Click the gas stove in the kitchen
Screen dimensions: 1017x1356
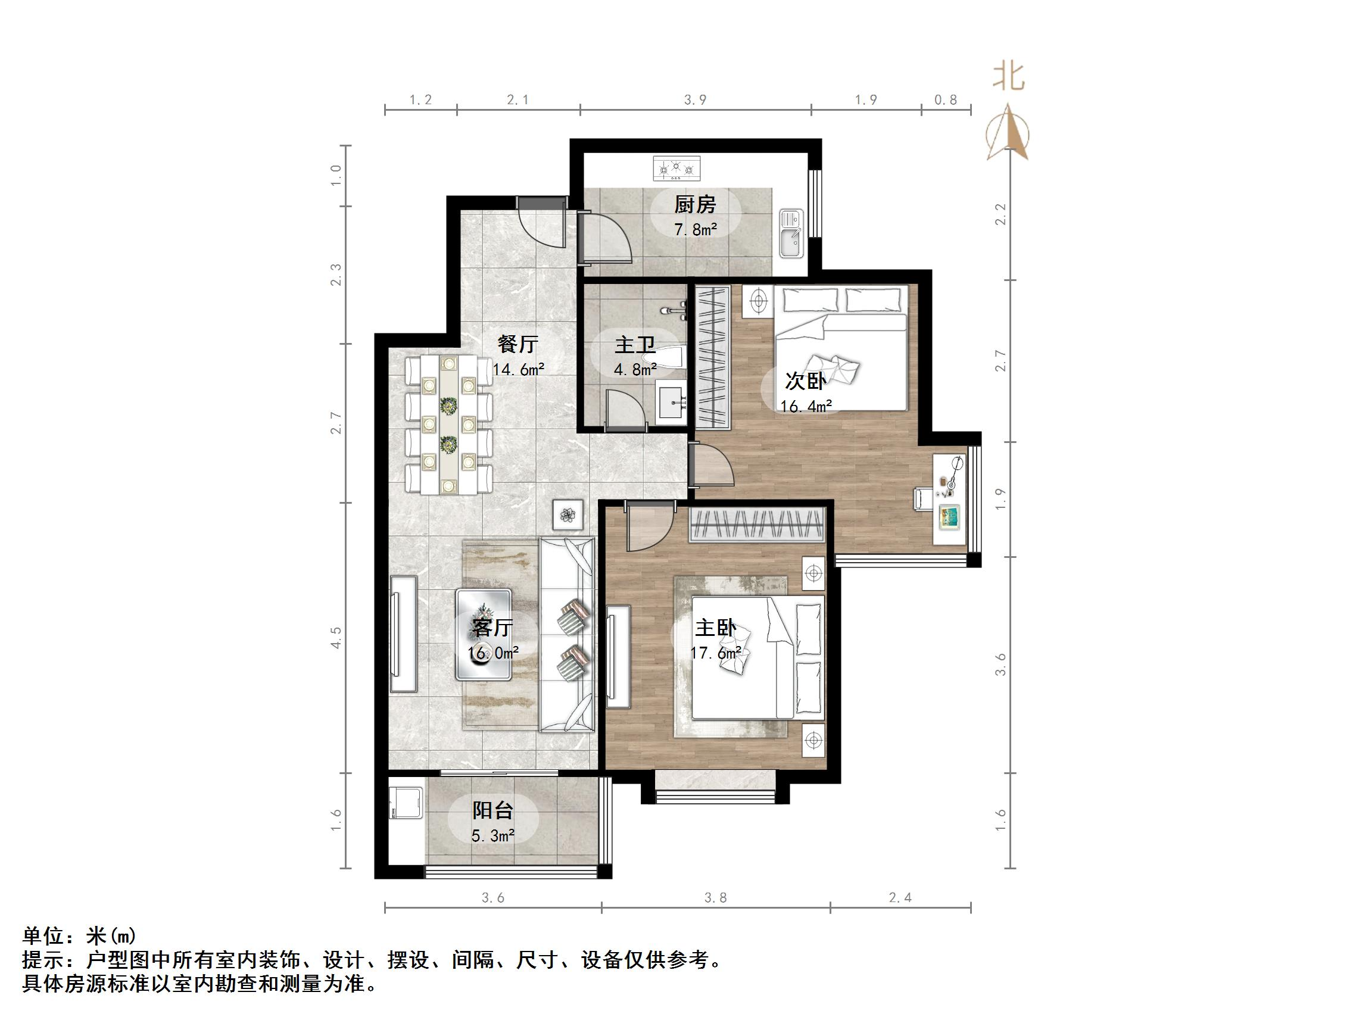pyautogui.click(x=677, y=169)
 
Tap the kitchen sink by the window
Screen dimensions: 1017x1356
pyautogui.click(x=791, y=234)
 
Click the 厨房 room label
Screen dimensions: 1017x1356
pyautogui.click(x=695, y=205)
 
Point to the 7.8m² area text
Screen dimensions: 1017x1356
pyautogui.click(x=695, y=230)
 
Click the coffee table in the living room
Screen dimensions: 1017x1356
pyautogui.click(x=484, y=634)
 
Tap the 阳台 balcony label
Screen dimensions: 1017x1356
pyautogui.click(x=492, y=810)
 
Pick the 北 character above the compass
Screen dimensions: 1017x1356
pyautogui.click(x=1008, y=78)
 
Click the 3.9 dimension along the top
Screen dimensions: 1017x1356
pyautogui.click(x=695, y=100)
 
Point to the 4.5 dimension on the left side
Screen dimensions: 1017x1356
pyautogui.click(x=335, y=638)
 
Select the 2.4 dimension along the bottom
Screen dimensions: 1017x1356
pyautogui.click(x=900, y=898)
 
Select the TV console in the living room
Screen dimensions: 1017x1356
pyautogui.click(x=403, y=634)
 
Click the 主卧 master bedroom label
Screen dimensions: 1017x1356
pyautogui.click(x=715, y=628)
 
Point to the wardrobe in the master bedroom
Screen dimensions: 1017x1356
pyautogui.click(x=756, y=525)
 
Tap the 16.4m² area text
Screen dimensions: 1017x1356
pyautogui.click(x=806, y=406)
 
